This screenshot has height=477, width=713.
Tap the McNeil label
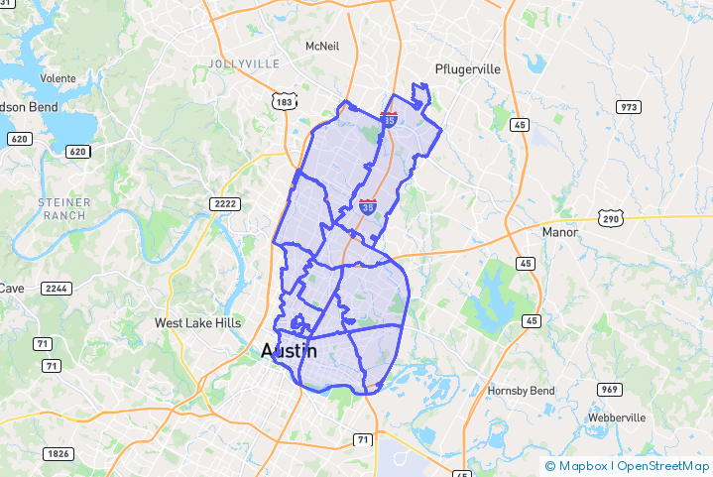coord(322,47)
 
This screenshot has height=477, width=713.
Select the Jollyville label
coord(245,63)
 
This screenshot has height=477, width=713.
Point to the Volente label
coord(59,77)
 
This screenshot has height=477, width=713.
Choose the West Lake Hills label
coord(198,323)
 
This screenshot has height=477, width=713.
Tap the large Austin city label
coord(289,351)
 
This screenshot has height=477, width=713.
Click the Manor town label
coord(559,232)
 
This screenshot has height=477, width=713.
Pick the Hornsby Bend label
coord(521,391)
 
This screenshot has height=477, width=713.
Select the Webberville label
coord(618,417)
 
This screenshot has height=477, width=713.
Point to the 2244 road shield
coord(57,289)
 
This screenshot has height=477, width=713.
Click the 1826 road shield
coord(59,453)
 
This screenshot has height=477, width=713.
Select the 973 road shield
coord(628,107)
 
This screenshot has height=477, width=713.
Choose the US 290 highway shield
coord(610,218)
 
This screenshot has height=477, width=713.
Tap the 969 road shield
coord(611,389)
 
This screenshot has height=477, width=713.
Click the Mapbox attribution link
coord(578,465)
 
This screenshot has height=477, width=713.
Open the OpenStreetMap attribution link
coord(662,465)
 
